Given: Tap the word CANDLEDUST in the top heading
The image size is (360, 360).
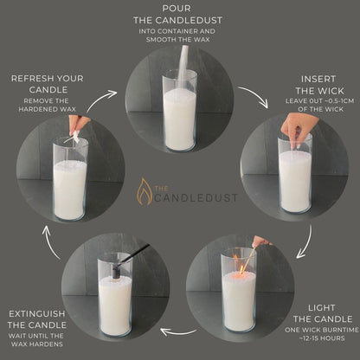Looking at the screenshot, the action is (189, 20).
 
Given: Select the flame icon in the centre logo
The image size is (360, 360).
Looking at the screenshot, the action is (145, 191).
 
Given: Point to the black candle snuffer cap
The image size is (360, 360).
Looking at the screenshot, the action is (117, 273).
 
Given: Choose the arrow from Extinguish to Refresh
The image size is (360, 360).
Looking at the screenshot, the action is (50, 241).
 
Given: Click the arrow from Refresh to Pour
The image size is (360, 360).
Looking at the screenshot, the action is (101, 100).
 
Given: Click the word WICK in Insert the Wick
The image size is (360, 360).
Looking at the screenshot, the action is (331, 91).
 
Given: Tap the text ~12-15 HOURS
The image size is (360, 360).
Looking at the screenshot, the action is (322, 338).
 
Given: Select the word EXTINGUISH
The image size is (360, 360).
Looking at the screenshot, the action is (37, 313).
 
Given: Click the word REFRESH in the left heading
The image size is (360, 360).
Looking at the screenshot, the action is (32, 78).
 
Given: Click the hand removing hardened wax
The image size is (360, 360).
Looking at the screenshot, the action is (76, 125).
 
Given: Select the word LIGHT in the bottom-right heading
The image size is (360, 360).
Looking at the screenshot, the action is (321, 308).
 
